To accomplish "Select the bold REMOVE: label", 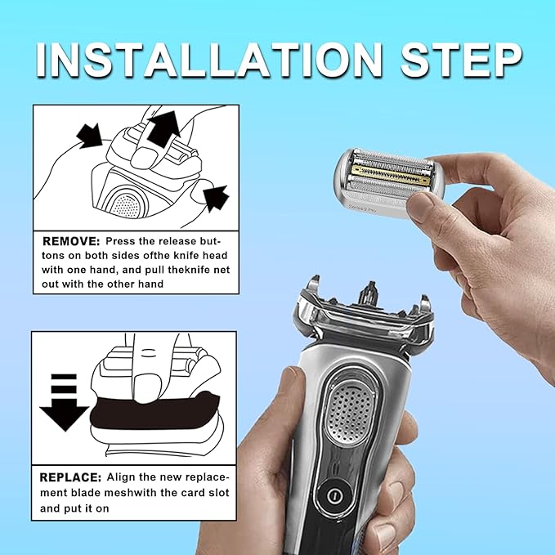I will coord(69,243).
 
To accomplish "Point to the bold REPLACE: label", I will coord(71,476).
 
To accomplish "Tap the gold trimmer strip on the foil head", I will coord(389,174).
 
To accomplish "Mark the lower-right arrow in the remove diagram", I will coord(214,196).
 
